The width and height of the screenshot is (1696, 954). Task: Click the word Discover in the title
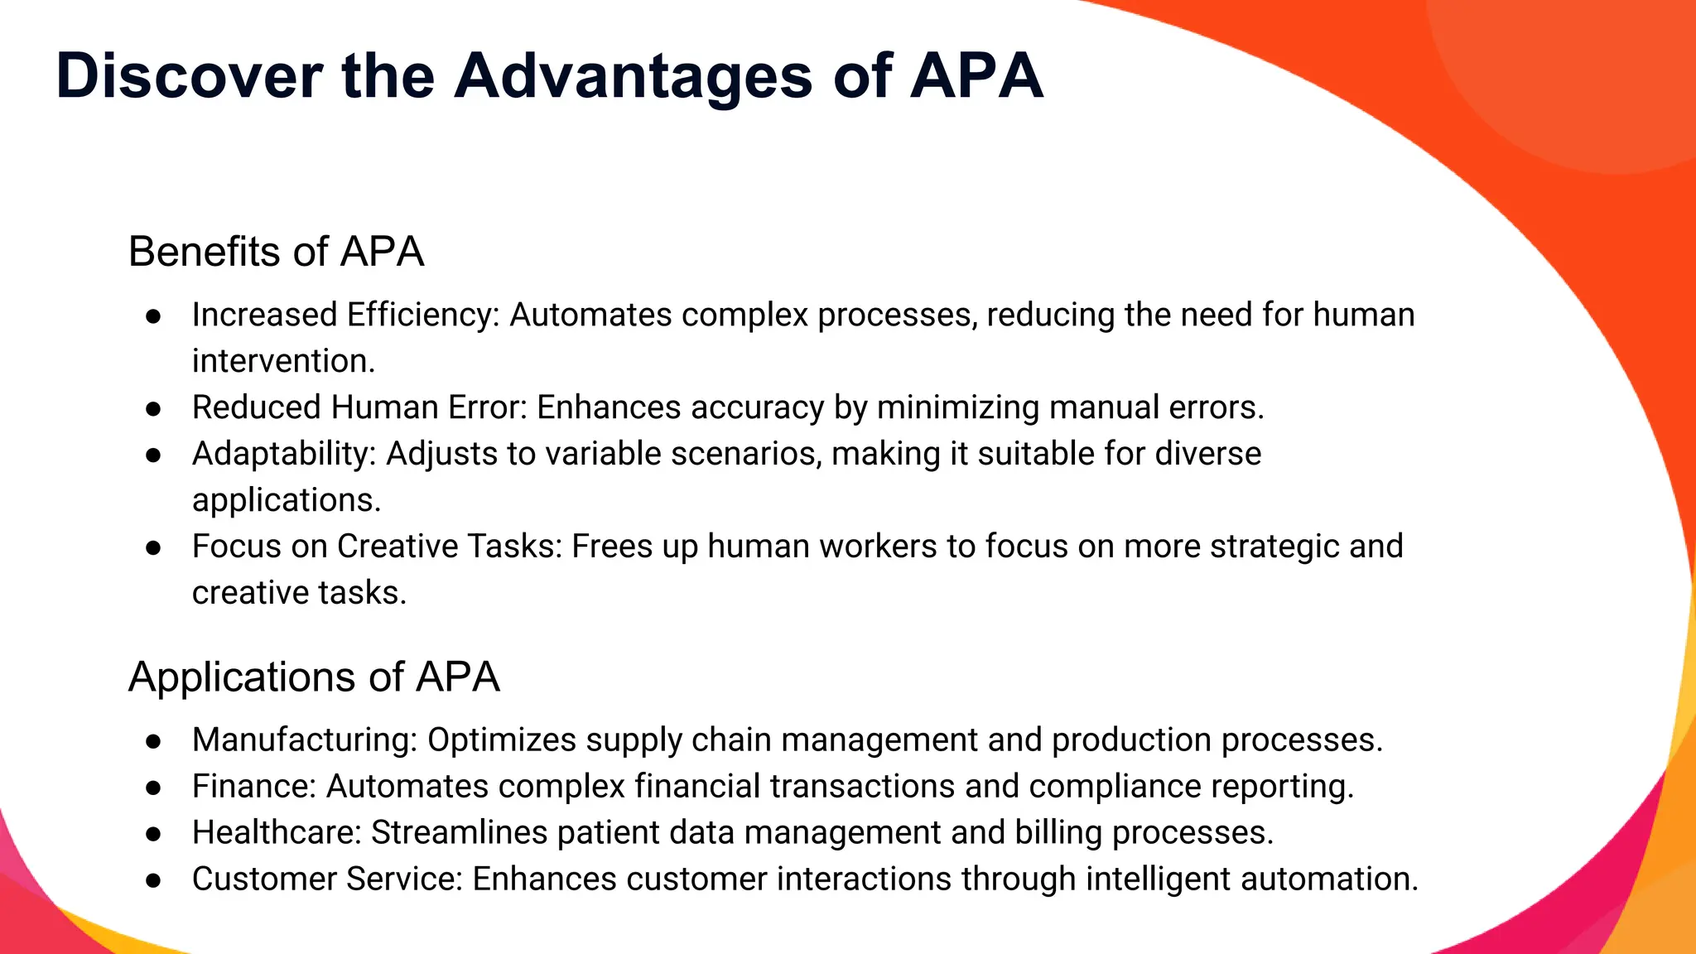[x=189, y=76]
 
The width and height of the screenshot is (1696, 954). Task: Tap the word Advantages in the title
[x=634, y=76]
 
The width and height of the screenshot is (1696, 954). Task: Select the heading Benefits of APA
[x=276, y=252]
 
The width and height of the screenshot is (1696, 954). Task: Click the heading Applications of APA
[x=314, y=677]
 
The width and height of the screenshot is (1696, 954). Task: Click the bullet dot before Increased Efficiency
[x=152, y=316]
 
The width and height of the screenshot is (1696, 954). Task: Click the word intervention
[x=283, y=362]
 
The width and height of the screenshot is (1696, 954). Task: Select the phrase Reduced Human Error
[x=359, y=408]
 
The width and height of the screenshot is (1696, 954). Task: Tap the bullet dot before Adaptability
[x=152, y=455]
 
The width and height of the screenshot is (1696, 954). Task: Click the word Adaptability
[x=284, y=455]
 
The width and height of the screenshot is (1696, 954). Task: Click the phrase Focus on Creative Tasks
[x=377, y=547]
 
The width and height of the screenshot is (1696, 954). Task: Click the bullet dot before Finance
[x=152, y=788]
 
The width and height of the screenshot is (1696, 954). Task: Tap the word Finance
[x=254, y=787]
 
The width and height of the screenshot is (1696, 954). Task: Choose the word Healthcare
[x=277, y=833]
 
